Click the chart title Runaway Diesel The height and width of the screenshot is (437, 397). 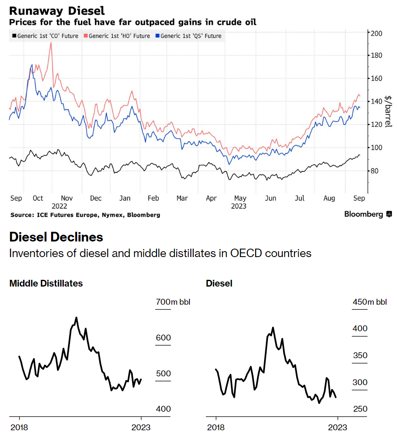pos(57,10)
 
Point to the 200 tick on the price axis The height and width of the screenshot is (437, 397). pos(376,33)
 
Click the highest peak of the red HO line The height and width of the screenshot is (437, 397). pos(51,43)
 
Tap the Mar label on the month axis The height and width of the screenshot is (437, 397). pos(182,198)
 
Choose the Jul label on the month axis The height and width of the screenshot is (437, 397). pos(300,198)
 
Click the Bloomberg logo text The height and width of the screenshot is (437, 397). pos(363,214)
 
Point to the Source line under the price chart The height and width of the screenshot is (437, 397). pos(85,215)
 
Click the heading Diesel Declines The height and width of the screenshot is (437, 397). pos(56,237)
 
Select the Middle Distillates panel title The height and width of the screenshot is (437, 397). pos(46,283)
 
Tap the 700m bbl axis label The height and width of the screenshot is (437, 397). pos(173,302)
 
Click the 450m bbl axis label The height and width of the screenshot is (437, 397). pos(369,302)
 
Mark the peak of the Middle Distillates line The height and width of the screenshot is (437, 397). pos(76,318)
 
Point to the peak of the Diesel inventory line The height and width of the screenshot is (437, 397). pos(273,327)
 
